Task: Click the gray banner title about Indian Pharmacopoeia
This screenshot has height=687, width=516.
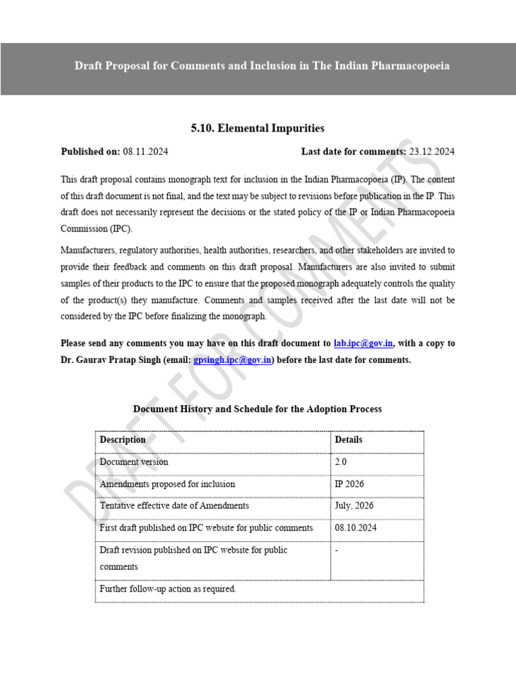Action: click(x=262, y=66)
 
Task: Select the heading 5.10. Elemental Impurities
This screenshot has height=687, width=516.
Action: click(x=257, y=127)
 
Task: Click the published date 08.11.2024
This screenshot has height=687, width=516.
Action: click(x=145, y=152)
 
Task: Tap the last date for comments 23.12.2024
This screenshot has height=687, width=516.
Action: click(x=431, y=152)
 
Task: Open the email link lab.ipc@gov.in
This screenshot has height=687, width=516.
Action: click(x=363, y=343)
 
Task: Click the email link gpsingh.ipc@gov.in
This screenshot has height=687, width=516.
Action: click(x=232, y=360)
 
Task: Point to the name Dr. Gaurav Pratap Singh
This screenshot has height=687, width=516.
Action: click(x=114, y=360)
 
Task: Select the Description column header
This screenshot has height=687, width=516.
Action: click(x=122, y=440)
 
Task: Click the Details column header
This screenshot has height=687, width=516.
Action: click(x=348, y=440)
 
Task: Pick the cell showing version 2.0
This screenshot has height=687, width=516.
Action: click(x=341, y=462)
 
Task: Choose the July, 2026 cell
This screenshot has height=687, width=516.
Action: click(x=354, y=506)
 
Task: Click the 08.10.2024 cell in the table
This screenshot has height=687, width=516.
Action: click(x=355, y=528)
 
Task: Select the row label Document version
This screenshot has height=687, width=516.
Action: click(x=134, y=462)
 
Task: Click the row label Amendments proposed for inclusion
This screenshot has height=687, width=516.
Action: click(x=167, y=484)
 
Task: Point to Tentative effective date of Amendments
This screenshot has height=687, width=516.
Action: click(x=174, y=506)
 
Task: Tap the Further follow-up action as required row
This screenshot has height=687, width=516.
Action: click(x=168, y=589)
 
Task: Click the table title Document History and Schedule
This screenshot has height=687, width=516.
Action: click(x=257, y=409)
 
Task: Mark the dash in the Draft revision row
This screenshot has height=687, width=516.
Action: click(x=337, y=550)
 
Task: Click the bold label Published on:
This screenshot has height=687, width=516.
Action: click(x=90, y=152)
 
